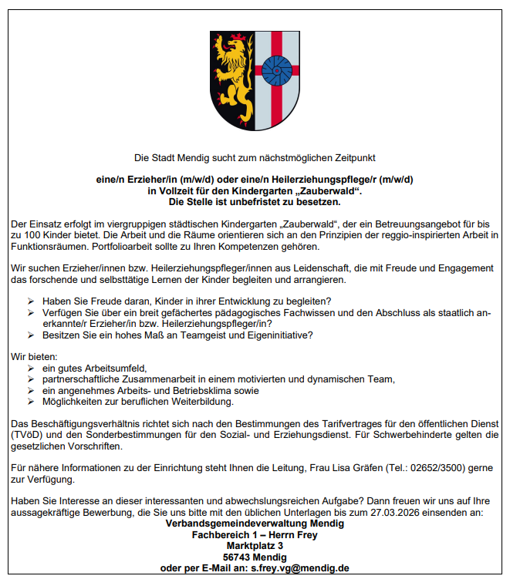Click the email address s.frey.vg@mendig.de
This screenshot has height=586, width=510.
pyautogui.click(x=300, y=568)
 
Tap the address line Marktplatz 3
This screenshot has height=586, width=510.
pyautogui.click(x=255, y=545)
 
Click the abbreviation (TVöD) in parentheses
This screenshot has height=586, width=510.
pyautogui.click(x=26, y=434)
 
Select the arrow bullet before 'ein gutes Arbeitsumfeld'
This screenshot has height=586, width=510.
pyautogui.click(x=31, y=368)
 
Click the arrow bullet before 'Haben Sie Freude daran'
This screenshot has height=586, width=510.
pyautogui.click(x=31, y=301)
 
